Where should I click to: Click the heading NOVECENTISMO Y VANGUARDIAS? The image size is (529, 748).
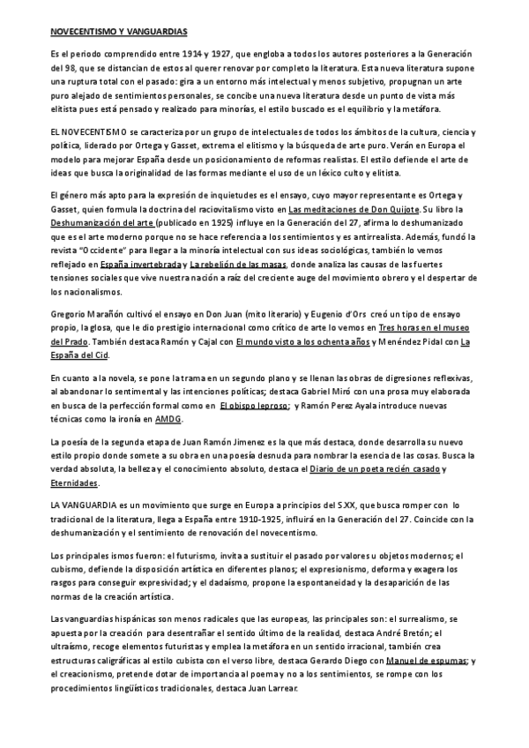pos(118,32)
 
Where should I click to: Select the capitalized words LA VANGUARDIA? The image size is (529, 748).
pos(80,504)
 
